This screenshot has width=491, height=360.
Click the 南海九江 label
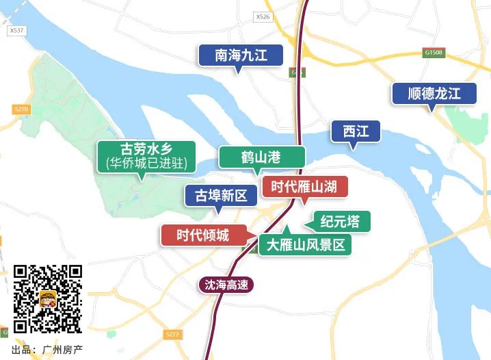pos(241,55)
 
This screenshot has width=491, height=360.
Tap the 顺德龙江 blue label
pos(434,93)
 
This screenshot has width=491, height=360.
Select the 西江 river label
pos(356,131)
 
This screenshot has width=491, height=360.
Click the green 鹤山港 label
pos(261,157)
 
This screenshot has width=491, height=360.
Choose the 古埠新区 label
pos(221,196)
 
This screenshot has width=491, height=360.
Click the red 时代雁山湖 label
pos(305,186)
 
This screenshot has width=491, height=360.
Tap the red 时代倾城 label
pos(202,235)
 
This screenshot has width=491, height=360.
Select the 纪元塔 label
pos(340,221)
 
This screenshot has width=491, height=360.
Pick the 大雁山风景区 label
pos(305,245)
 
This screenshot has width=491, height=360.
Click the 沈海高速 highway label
pos(226,285)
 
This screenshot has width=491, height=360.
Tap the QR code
pos(47,298)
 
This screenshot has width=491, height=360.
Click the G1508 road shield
pos(434,52)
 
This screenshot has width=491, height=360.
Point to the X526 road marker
pos(262,16)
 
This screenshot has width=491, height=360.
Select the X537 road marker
pos(16,30)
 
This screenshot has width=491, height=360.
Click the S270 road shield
pos(21,109)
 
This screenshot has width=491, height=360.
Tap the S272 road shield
pos(172,334)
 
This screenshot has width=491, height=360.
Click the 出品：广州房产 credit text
pos(47,349)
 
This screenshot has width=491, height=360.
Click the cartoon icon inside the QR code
pos(48,299)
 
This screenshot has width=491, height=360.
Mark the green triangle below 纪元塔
pos(287,229)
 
